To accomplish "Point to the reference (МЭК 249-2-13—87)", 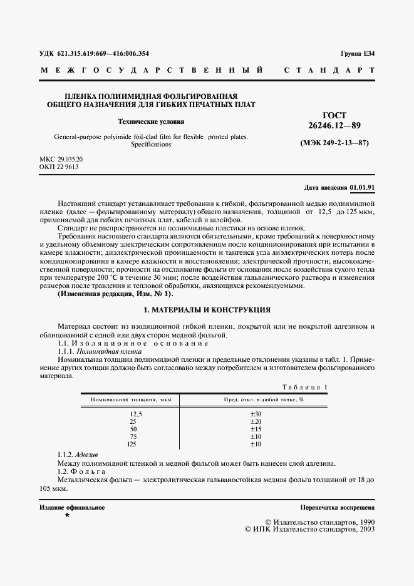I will (x=334, y=143).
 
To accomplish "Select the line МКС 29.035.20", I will (x=61, y=160).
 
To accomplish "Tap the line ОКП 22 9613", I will (x=58, y=168).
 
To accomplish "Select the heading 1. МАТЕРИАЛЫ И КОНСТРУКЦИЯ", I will (x=207, y=310).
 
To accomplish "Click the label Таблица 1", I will (x=305, y=387).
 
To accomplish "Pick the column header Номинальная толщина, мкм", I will (x=132, y=399).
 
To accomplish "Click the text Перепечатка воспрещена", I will (x=338, y=507).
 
